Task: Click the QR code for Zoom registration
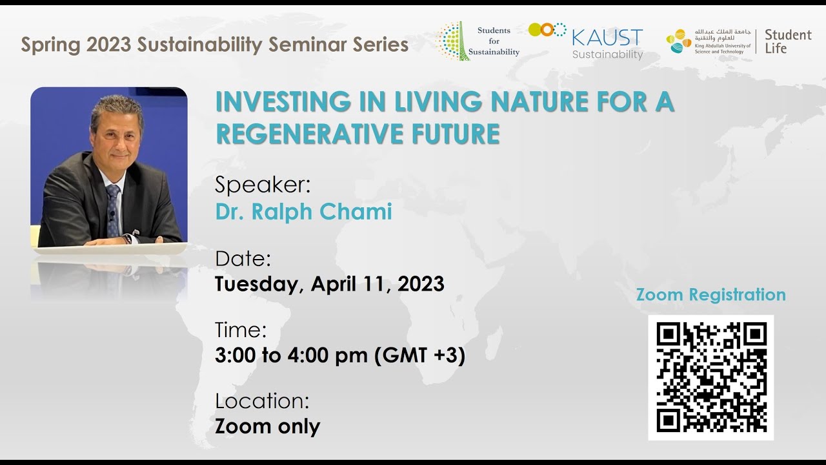click(x=710, y=378)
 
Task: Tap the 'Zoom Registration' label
click(x=710, y=294)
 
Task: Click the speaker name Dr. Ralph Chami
click(x=303, y=211)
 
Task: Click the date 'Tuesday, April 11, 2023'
click(x=329, y=284)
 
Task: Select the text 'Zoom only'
click(x=267, y=426)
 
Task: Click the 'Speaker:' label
click(x=263, y=185)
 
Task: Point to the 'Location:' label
click(x=262, y=401)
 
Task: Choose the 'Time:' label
click(x=241, y=330)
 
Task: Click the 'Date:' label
click(x=243, y=259)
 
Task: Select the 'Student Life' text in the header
click(x=787, y=41)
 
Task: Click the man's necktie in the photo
click(x=113, y=207)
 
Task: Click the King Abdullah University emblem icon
click(x=679, y=41)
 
